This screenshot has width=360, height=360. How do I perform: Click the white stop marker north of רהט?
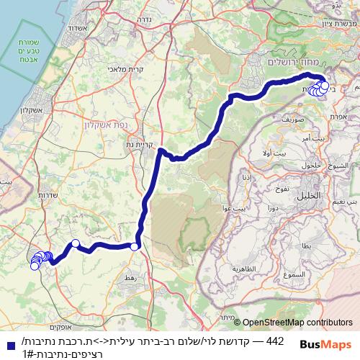(x=135, y=247)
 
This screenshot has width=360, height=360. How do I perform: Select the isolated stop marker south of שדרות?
(x=75, y=243)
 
